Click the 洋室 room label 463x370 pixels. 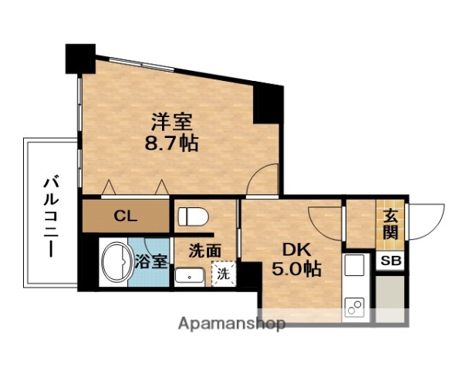tap(171, 122)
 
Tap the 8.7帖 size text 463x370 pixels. tap(171, 144)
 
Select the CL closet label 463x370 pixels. tap(126, 217)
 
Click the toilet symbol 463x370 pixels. tap(194, 217)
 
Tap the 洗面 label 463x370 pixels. tap(205, 251)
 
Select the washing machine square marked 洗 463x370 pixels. tap(224, 274)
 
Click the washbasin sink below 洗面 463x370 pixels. tap(189, 277)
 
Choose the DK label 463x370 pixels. tap(297, 251)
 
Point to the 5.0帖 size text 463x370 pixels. tap(296, 268)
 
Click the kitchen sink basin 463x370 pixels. tap(354, 264)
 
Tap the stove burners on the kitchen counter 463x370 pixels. tap(354, 308)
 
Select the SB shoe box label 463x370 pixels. tap(390, 261)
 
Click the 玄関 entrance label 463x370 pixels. tap(390, 225)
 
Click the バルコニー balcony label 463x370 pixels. tap(51, 217)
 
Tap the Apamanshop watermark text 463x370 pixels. tap(231, 324)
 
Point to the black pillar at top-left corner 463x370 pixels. tap(80, 59)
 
